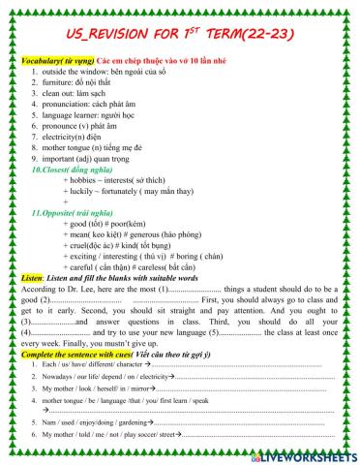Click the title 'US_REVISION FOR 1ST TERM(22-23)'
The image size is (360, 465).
point(179,34)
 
